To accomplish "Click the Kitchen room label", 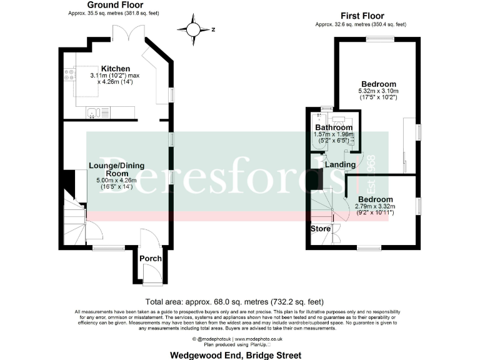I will (x=116, y=69).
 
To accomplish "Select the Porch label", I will (x=150, y=258).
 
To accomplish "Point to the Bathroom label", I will (x=333, y=127).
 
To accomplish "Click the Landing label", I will (x=340, y=165).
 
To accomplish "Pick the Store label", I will (x=321, y=229).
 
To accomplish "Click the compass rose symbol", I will (x=194, y=29).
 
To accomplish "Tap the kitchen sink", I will (x=92, y=113).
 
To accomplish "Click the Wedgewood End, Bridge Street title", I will (x=236, y=355).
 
